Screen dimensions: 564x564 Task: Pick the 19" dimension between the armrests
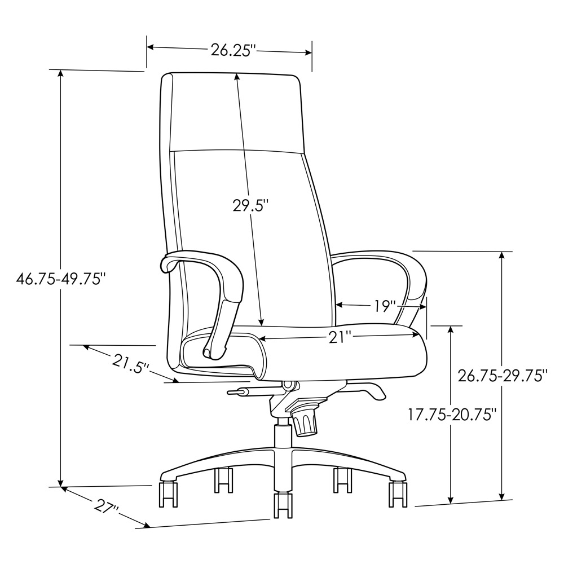(385, 306)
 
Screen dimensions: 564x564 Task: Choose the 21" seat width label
(340, 337)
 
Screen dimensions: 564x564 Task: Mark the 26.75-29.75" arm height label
(503, 375)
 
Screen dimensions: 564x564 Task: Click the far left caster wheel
(168, 493)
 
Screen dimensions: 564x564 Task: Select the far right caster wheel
(398, 493)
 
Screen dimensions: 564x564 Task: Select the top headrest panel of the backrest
(233, 112)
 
